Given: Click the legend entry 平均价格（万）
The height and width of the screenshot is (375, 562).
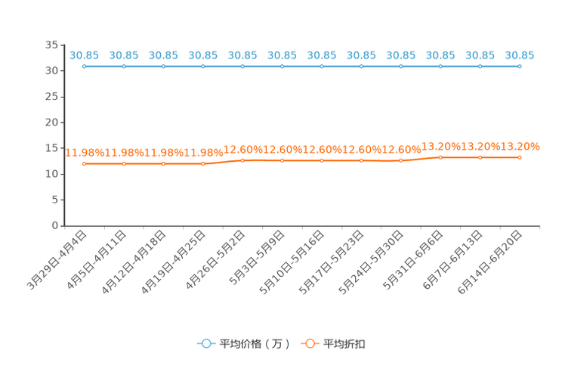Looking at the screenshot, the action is pyautogui.click(x=243, y=344).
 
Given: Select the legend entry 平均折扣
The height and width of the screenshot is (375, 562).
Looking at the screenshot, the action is pyautogui.click(x=333, y=344).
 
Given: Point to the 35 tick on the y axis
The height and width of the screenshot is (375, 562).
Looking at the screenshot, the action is pyautogui.click(x=51, y=45).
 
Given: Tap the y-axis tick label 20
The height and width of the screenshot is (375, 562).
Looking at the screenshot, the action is pyautogui.click(x=51, y=122).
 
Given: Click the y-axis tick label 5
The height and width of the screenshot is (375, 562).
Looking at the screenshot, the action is pyautogui.click(x=55, y=200).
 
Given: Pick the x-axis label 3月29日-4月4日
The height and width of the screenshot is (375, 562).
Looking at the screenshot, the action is pyautogui.click(x=57, y=260).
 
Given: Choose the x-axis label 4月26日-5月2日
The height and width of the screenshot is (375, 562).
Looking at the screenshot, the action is pyautogui.click(x=215, y=260).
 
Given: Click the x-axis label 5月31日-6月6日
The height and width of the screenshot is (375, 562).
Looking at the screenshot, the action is pyautogui.click(x=413, y=260).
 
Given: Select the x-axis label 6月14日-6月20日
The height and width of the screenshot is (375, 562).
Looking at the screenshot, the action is pyautogui.click(x=490, y=262).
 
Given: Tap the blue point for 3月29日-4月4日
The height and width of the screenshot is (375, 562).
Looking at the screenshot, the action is pyautogui.click(x=85, y=67).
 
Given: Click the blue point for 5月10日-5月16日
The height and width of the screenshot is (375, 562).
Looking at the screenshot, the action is pyautogui.click(x=322, y=67).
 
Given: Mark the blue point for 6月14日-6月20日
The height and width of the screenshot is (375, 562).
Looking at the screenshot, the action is pyautogui.click(x=520, y=67).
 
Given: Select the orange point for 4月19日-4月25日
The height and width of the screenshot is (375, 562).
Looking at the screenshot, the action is pyautogui.click(x=203, y=163).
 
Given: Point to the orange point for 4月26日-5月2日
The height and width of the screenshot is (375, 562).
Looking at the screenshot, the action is pyautogui.click(x=242, y=160).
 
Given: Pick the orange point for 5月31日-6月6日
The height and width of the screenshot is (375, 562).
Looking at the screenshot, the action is pyautogui.click(x=440, y=157).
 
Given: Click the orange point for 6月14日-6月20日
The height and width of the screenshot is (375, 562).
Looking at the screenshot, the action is pyautogui.click(x=520, y=157).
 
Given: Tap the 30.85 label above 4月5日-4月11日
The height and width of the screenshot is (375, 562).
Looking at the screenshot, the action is pyautogui.click(x=124, y=56).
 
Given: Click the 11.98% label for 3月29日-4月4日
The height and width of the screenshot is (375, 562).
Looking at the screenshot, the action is pyautogui.click(x=85, y=153).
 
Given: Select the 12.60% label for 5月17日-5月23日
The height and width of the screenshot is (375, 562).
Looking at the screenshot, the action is pyautogui.click(x=361, y=150).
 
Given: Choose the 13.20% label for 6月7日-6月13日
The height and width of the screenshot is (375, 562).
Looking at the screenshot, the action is pyautogui.click(x=480, y=147).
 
